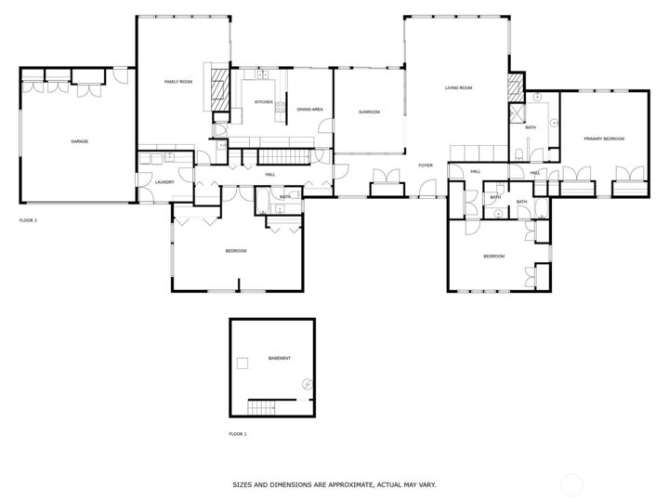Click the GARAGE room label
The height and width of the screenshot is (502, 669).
[79, 141]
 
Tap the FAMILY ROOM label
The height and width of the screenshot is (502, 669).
[178, 83]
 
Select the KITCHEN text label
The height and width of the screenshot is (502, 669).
[264, 102]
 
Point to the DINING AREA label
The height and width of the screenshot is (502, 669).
[309, 110]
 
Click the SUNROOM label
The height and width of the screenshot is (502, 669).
[370, 112]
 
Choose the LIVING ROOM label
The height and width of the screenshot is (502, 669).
[458, 87]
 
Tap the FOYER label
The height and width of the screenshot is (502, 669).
[426, 165]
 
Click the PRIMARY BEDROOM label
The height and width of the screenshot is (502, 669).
[603, 139]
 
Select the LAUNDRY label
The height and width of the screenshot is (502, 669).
[164, 182]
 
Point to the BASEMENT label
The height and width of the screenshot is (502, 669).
[280, 359]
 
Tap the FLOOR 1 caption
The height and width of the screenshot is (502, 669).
[238, 434]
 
